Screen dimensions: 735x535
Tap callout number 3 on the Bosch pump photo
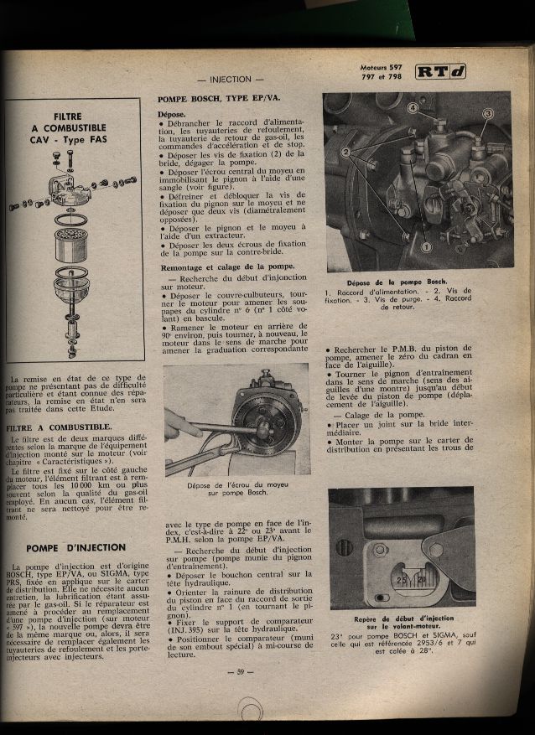pyautogui.click(x=488, y=113)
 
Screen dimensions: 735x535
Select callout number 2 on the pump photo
pyautogui.click(x=345, y=152)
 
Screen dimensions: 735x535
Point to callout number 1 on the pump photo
pyautogui.click(x=426, y=247)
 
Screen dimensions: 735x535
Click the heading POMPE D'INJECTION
pyautogui.click(x=75, y=547)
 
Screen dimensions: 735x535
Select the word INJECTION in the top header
pyautogui.click(x=231, y=79)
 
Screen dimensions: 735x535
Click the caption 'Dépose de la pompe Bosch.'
pyautogui.click(x=397, y=282)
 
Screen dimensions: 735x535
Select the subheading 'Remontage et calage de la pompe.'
pyautogui.click(x=215, y=266)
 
